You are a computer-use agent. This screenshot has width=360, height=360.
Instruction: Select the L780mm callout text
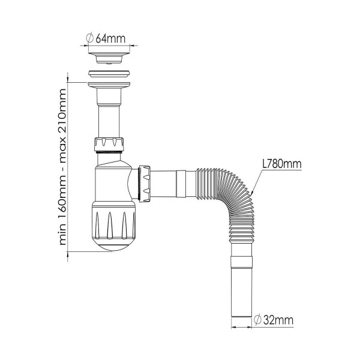282,164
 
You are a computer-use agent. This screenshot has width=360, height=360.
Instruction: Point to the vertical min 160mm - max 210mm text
62,167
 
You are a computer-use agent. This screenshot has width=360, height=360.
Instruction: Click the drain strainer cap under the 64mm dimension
109,58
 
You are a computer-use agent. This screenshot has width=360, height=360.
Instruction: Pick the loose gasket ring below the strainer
109,74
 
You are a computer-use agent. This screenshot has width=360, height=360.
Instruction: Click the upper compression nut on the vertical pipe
109,144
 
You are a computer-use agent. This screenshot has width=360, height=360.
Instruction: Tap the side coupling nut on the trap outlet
144,184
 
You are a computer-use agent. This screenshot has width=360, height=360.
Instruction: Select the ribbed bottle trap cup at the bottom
114,226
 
